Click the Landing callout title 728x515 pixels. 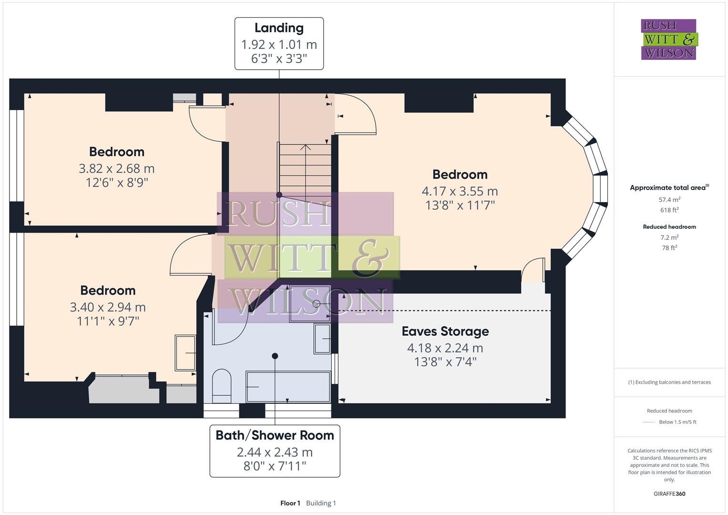pyautogui.click(x=279, y=28)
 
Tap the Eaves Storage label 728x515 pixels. pyautogui.click(x=445, y=331)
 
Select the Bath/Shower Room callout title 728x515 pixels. pyautogui.click(x=275, y=435)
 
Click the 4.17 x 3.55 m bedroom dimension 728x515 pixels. pyautogui.click(x=460, y=191)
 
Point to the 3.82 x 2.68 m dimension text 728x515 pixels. pyautogui.click(x=116, y=169)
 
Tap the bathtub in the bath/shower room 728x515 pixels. pyautogui.click(x=288, y=387)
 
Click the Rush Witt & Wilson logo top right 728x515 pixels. pyautogui.click(x=668, y=40)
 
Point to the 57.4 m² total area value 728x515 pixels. pyautogui.click(x=669, y=200)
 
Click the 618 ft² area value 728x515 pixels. pyautogui.click(x=669, y=210)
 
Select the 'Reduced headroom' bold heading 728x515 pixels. pyautogui.click(x=669, y=227)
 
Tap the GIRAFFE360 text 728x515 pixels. pyautogui.click(x=669, y=494)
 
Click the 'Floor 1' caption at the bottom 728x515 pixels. pyautogui.click(x=290, y=503)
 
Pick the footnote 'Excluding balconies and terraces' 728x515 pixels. pyautogui.click(x=669, y=382)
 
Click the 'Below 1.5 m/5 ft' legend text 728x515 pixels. pyautogui.click(x=677, y=422)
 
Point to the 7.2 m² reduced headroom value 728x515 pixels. pyautogui.click(x=669, y=237)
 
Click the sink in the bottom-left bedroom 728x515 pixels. pyautogui.click(x=185, y=353)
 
